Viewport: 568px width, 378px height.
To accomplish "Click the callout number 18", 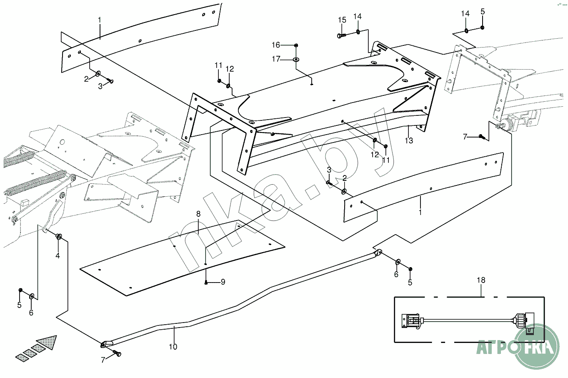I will pos(481,280).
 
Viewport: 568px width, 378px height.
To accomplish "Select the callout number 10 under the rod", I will pos(173,346).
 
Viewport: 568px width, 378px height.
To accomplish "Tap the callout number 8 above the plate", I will pos(198,214).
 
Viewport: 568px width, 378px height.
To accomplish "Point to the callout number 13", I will pos(409,141).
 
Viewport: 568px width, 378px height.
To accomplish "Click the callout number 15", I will pos(342,20).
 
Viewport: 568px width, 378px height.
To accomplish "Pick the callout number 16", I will pos(276,45).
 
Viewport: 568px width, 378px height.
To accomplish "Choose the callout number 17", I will pos(276,59).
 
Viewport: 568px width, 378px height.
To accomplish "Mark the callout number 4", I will pos(58,256).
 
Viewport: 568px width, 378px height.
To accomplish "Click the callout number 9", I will pos(223,282).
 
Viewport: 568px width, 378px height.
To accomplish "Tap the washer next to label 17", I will pos(295,60).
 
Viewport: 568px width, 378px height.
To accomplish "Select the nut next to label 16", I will pos(296,45).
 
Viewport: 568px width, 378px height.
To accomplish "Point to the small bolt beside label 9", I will pos(207,283).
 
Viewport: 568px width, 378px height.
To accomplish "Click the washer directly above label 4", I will pos(59,237).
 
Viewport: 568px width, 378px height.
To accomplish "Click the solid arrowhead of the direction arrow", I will pos(48,343).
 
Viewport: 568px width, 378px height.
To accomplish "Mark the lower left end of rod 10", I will pos(105,344).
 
